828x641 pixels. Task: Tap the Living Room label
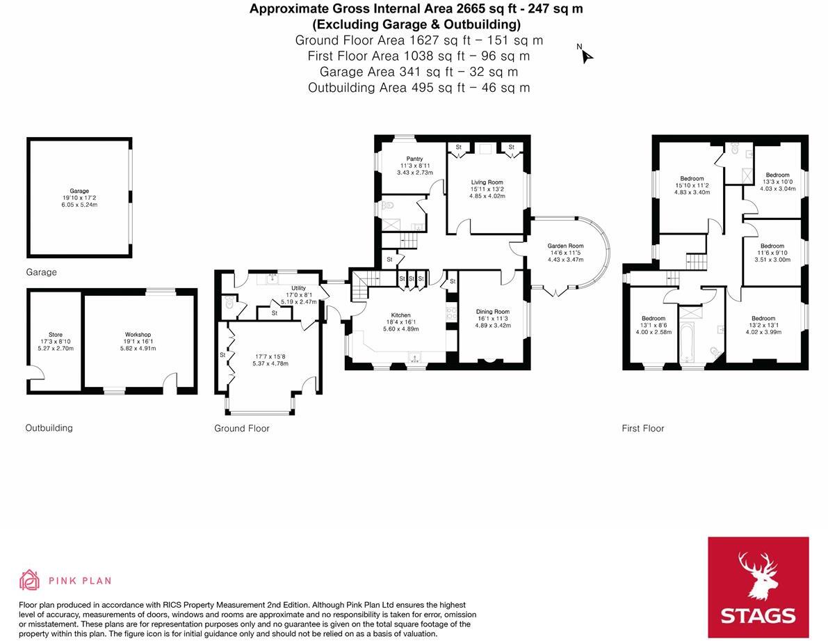(486, 182)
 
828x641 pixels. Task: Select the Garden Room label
(565, 246)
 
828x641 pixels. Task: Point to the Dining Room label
(492, 312)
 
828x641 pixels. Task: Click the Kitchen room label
(400, 315)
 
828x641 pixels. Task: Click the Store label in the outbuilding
(55, 335)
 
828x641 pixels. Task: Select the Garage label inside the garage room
(79, 191)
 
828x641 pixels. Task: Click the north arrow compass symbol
(585, 55)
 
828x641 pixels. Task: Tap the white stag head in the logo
(758, 575)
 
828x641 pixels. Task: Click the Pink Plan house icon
(29, 580)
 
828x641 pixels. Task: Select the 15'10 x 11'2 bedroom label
(692, 179)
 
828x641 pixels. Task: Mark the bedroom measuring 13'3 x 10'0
(777, 175)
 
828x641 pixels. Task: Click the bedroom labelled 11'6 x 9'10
(772, 246)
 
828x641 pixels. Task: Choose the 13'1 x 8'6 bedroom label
(654, 319)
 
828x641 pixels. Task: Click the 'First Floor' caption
(642, 429)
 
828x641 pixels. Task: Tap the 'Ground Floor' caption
(241, 429)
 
